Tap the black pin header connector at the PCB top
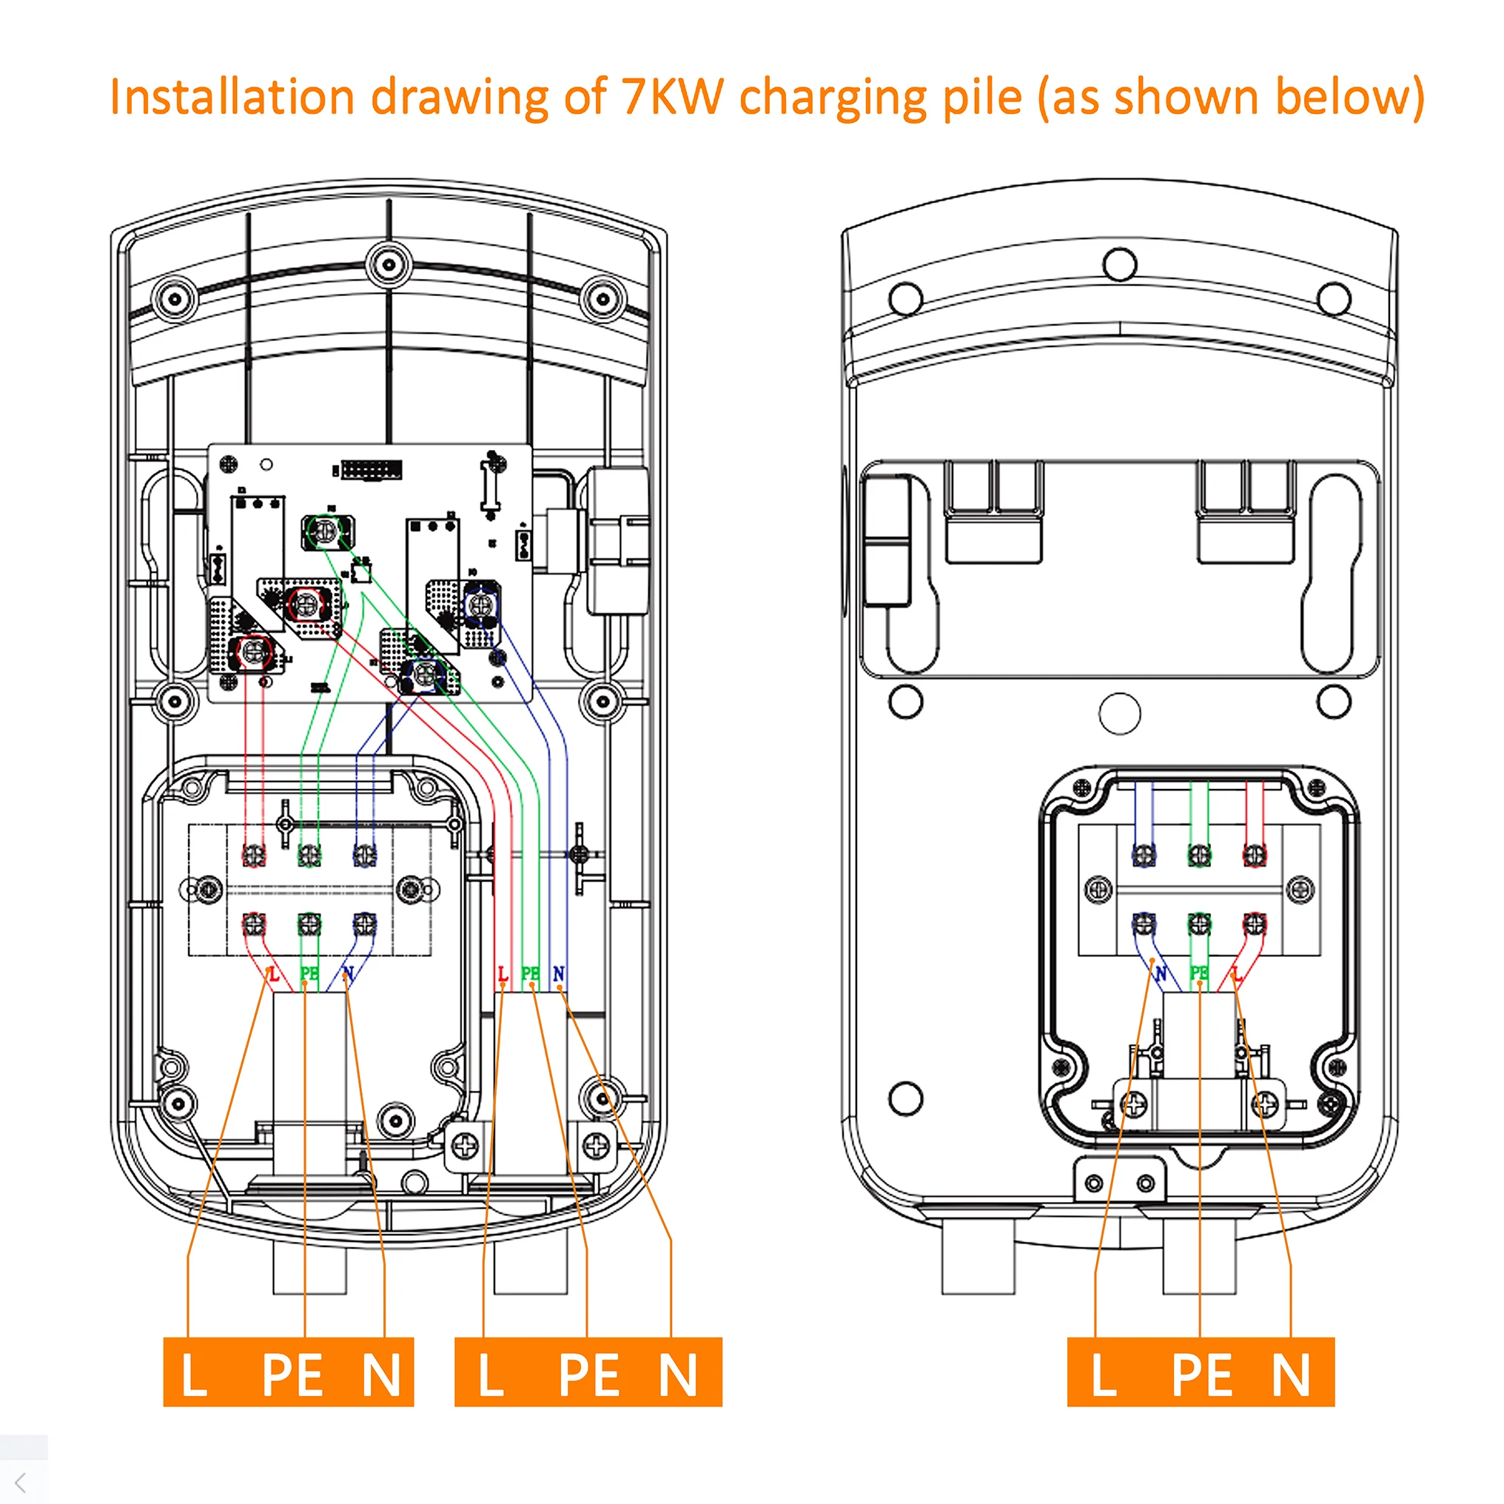[372, 470]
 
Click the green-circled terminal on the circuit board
[326, 531]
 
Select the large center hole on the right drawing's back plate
[1119, 713]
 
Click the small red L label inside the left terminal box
[273, 974]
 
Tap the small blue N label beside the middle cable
[558, 974]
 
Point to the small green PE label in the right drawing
[1199, 973]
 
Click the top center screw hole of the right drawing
[1119, 265]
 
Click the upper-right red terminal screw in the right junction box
[1254, 855]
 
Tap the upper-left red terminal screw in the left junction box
[254, 855]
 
